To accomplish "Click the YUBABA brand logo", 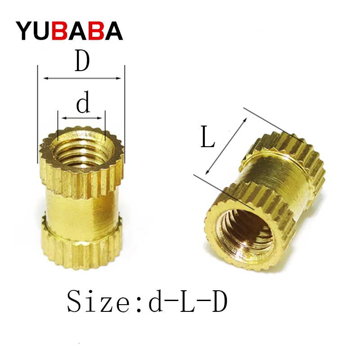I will [x=70, y=30].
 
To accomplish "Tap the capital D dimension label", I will [x=82, y=62].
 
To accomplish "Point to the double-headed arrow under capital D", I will [x=82, y=78].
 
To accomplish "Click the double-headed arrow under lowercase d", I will [x=82, y=118].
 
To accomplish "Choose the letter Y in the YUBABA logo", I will [x=25, y=31].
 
